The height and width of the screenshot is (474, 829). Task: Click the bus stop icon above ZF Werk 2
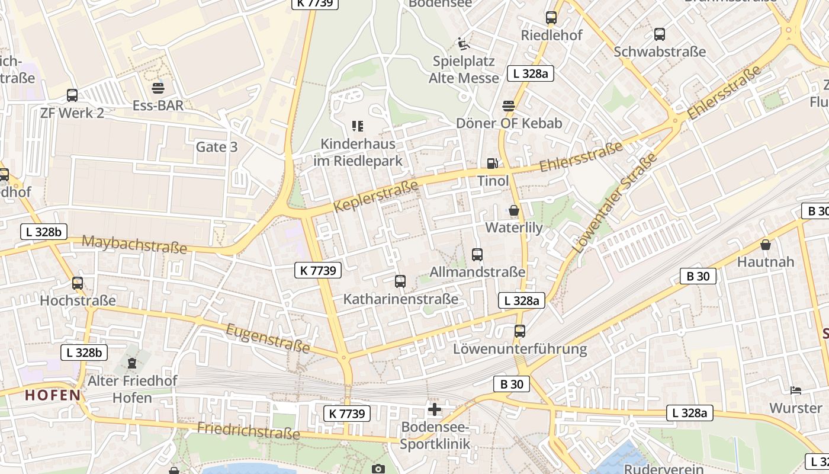[x=72, y=95]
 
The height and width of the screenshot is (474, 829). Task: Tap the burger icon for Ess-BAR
[x=158, y=88]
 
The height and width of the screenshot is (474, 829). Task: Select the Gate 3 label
[x=217, y=147]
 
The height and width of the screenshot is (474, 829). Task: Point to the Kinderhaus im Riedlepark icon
[x=358, y=126]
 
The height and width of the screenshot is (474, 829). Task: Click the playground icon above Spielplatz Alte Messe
[x=464, y=43]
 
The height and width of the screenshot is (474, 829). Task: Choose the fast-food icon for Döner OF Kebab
[x=509, y=106]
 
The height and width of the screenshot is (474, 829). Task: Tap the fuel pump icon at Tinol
[x=492, y=164]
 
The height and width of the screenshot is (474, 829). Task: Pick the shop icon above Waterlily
[x=513, y=210]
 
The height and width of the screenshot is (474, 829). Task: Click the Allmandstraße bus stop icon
[x=477, y=255]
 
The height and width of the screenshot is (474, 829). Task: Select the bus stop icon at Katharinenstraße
[x=400, y=281]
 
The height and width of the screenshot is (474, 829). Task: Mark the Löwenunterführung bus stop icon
[x=520, y=331]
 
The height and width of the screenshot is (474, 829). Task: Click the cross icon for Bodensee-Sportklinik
[x=435, y=409]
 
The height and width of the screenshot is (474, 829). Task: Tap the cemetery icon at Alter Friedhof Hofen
[x=132, y=363]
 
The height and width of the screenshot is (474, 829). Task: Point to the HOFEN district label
[x=53, y=395]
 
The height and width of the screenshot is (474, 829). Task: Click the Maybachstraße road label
[x=134, y=244]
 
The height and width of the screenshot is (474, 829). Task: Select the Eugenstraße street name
[x=268, y=338]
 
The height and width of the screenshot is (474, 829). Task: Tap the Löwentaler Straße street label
[x=615, y=203]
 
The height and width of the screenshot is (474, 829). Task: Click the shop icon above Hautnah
[x=766, y=244]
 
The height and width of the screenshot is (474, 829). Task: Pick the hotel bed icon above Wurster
[x=796, y=390]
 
